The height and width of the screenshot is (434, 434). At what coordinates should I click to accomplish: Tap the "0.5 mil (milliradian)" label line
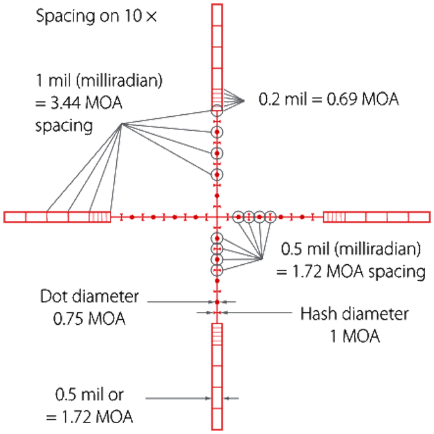click(348, 250)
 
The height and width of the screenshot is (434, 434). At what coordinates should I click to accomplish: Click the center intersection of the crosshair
click(217, 217)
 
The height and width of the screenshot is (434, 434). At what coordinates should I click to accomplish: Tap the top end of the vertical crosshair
click(217, 5)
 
